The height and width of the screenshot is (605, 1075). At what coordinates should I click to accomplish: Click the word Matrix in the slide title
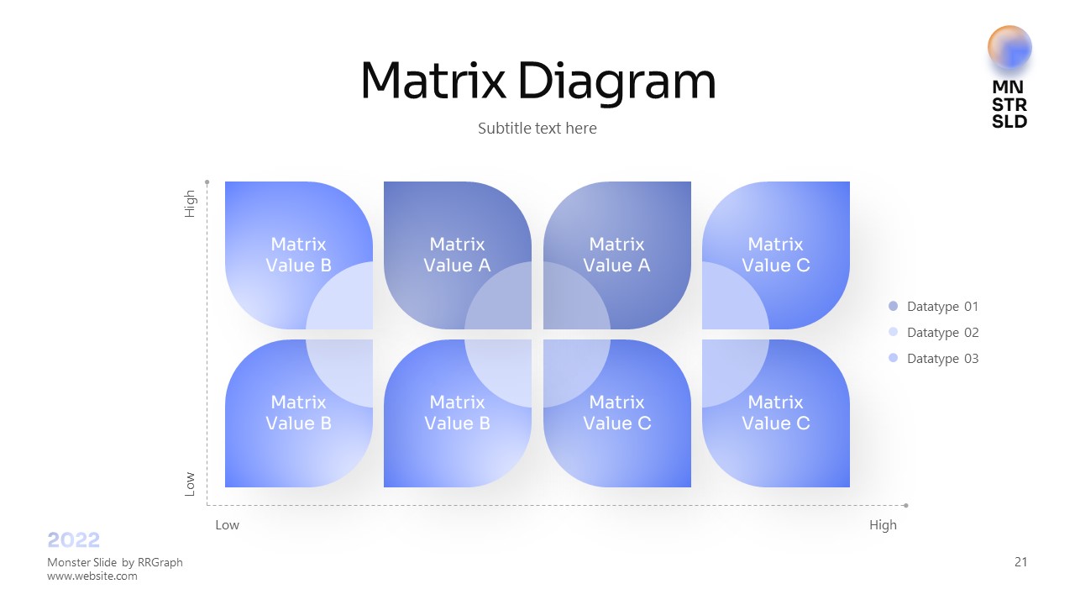point(433,82)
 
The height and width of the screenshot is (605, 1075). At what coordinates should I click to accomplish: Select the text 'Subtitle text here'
point(537,129)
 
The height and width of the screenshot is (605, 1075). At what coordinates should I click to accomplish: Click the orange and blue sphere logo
point(1009,47)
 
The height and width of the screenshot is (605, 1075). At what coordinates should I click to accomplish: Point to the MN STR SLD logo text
point(1009,104)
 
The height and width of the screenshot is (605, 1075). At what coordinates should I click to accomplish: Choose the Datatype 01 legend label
point(942,307)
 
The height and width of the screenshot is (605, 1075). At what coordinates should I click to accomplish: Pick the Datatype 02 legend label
point(942,333)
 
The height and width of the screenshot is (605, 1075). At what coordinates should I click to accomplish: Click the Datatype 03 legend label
point(942,359)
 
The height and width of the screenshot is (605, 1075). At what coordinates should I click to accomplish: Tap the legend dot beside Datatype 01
point(893,307)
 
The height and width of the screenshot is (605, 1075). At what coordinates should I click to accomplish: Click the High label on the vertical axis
point(190,204)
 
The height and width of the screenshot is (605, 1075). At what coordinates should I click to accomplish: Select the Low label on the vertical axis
point(190,483)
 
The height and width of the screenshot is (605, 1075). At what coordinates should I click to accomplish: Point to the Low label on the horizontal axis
point(227,525)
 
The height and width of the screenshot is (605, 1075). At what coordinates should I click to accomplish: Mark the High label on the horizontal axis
point(883,525)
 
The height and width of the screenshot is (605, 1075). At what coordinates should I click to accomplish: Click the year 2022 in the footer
point(74,540)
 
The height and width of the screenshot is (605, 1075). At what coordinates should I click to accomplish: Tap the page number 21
point(1020,562)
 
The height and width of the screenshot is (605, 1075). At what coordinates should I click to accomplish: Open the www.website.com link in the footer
point(92,576)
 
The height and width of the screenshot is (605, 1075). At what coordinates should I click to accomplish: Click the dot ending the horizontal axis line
point(905,505)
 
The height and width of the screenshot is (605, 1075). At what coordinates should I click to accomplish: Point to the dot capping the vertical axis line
point(207,181)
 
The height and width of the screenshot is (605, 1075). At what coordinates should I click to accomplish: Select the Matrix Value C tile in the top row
point(775,255)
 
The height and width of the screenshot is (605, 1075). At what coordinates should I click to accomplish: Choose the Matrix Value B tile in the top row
point(298,255)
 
